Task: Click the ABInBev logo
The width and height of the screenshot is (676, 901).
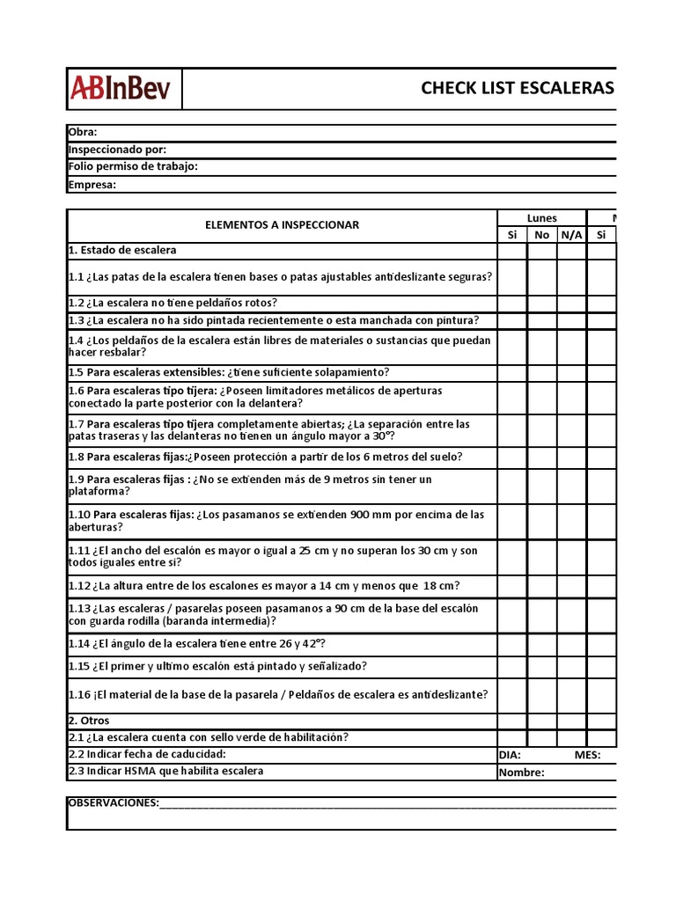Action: pos(125,89)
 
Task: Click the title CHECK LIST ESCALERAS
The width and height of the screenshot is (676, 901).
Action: pos(518,88)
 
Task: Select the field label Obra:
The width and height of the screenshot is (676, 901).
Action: pos(83,132)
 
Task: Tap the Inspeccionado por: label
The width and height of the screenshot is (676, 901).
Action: pos(117,150)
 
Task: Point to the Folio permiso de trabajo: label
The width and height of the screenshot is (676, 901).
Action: pos(133,166)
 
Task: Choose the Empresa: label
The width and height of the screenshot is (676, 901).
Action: pos(92,184)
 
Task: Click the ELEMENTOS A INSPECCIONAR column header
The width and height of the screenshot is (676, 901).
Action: pos(282,225)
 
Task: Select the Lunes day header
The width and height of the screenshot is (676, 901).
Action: pos(541,218)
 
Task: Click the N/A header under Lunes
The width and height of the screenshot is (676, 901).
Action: pos(571,235)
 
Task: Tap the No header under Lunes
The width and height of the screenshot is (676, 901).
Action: pos(541,235)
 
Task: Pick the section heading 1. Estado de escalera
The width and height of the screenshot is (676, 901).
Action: pos(122,251)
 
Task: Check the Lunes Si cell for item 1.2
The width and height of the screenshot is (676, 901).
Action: pos(511,303)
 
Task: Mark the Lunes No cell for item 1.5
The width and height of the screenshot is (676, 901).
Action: pos(541,372)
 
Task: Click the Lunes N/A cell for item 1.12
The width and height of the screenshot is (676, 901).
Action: pos(571,586)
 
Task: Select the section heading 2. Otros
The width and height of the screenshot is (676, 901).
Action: pos(89,721)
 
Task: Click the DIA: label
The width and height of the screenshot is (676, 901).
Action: pos(510,755)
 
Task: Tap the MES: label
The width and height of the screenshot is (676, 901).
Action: pos(587,755)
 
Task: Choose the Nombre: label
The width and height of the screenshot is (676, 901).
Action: pos(521,773)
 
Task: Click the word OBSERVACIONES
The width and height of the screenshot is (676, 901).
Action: pos(114,802)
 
